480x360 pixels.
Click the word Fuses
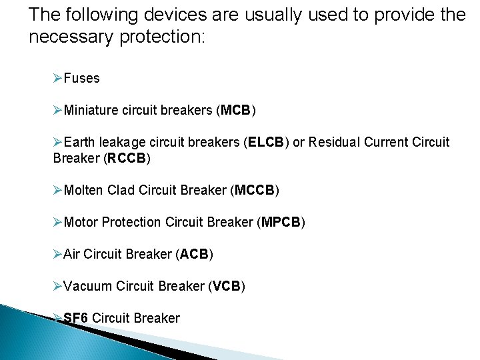coord(81,79)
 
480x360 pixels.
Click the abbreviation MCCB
coord(254,191)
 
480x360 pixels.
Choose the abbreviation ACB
coord(194,254)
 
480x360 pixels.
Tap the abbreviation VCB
coord(227,286)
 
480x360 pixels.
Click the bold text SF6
coord(76,318)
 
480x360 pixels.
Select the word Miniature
coord(89,110)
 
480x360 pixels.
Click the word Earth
coord(80,143)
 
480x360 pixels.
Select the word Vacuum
coord(87,286)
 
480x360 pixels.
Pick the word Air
coord(72,254)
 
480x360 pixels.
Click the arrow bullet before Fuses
coord(57,79)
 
